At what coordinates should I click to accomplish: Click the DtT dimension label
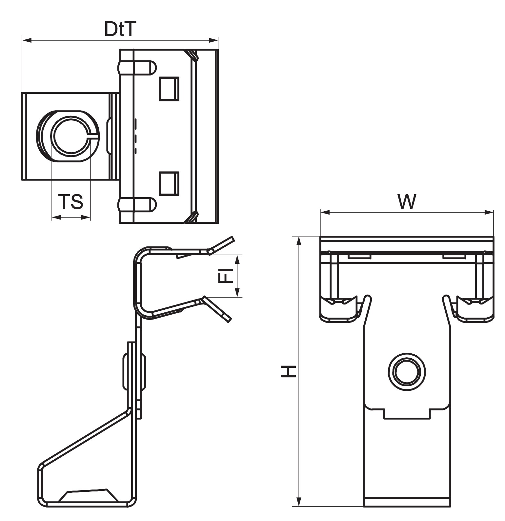click(120, 29)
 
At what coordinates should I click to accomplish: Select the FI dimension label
click(226, 275)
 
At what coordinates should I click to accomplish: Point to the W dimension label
click(407, 202)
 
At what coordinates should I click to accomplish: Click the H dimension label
click(289, 371)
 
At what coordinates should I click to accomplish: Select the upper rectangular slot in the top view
click(169, 89)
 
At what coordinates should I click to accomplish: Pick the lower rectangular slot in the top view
click(169, 183)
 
